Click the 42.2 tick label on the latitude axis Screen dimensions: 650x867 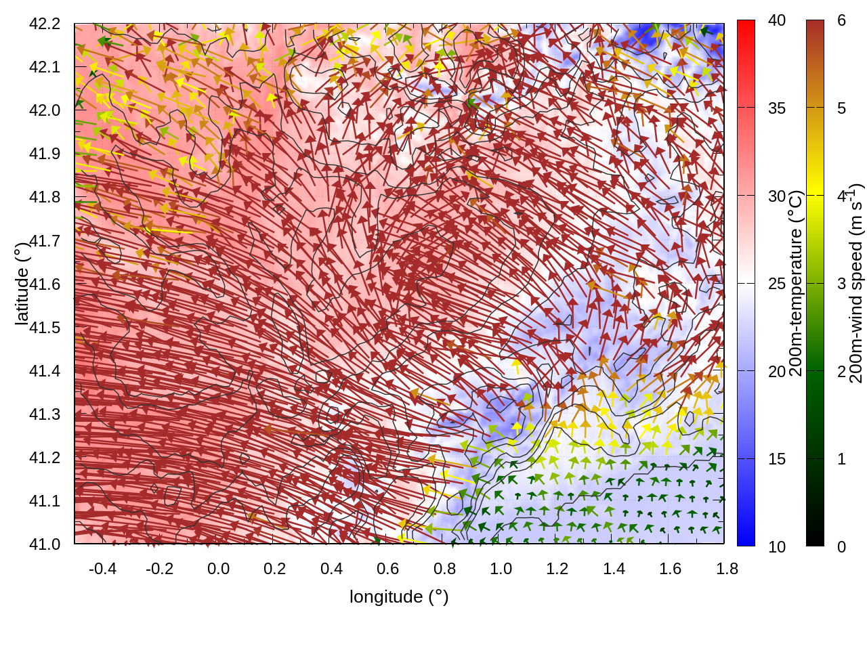(45, 24)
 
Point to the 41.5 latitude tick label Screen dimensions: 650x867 (45, 328)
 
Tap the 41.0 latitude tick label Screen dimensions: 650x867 (45, 544)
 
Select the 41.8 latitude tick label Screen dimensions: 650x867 (45, 197)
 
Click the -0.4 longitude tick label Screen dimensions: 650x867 (102, 569)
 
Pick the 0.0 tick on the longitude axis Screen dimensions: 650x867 (218, 569)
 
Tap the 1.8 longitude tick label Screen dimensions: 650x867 (727, 569)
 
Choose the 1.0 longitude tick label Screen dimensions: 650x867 (501, 569)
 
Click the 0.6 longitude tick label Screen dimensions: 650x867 (387, 569)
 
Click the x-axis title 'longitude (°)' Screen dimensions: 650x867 (399, 597)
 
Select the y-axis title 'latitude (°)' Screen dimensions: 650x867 (22, 284)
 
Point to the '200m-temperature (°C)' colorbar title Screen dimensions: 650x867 (797, 283)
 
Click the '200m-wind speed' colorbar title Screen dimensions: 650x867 (856, 283)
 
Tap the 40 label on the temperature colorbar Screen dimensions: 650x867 (777, 21)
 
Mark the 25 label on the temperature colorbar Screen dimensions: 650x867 (777, 284)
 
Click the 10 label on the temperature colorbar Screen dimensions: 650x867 (777, 547)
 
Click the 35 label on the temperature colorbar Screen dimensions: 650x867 (777, 108)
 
